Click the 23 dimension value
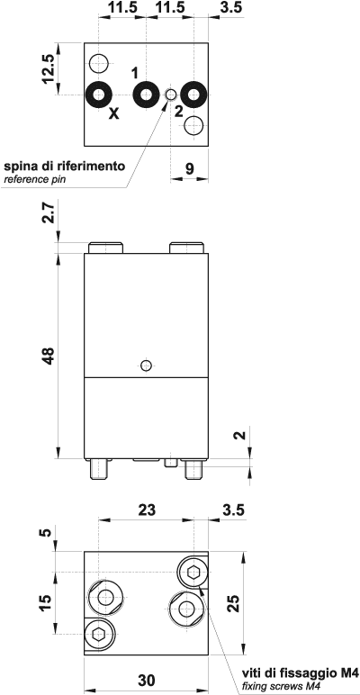coord(146,509)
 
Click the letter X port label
coord(113,113)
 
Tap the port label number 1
coord(135,72)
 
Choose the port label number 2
coord(179,112)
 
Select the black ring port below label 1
coord(146,94)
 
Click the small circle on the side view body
coord(147,365)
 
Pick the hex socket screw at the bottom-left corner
coord(99,634)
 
